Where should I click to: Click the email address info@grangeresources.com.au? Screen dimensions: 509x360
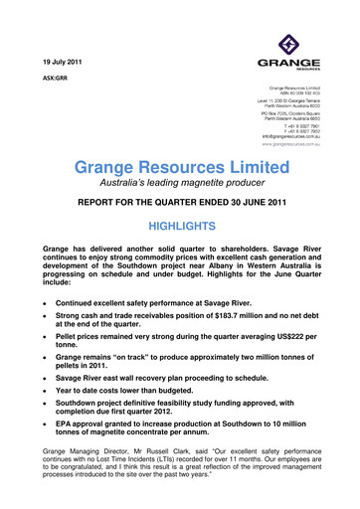(288, 135)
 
